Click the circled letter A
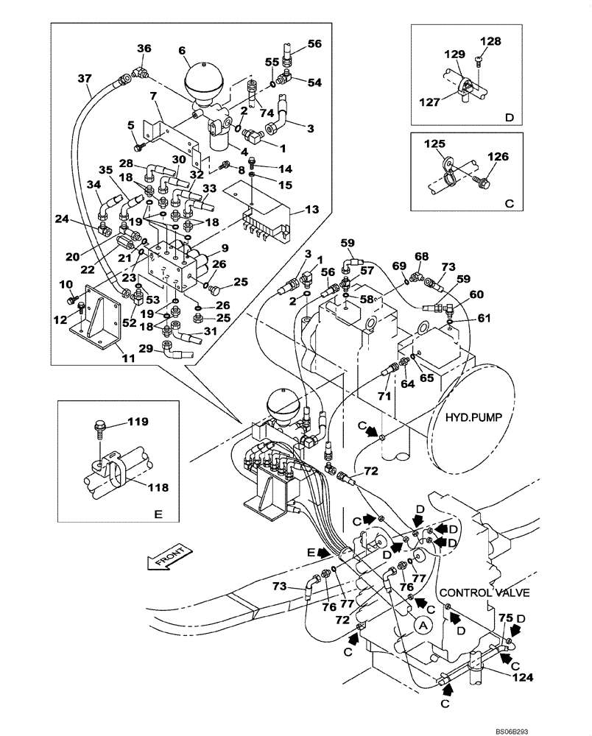[421, 626]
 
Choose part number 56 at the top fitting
[314, 43]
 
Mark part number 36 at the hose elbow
[144, 49]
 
